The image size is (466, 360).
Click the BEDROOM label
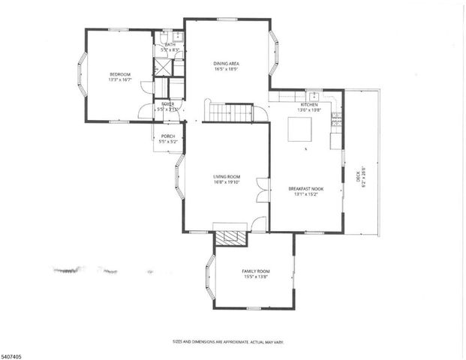click(x=120, y=74)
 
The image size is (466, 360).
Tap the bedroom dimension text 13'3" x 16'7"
click(x=120, y=81)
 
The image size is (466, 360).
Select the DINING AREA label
click(x=227, y=63)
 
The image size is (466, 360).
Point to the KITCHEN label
click(x=309, y=104)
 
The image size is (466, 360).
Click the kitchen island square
click(x=300, y=128)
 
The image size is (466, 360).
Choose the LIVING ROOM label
click(x=226, y=176)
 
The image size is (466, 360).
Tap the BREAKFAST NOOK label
click(x=306, y=189)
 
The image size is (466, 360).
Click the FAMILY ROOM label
click(x=255, y=271)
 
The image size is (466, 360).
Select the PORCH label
click(x=168, y=136)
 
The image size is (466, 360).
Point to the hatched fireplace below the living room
click(x=230, y=238)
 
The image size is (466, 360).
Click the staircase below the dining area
click(x=230, y=112)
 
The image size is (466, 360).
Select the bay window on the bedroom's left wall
click(x=82, y=76)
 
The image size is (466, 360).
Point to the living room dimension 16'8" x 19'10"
click(x=226, y=182)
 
